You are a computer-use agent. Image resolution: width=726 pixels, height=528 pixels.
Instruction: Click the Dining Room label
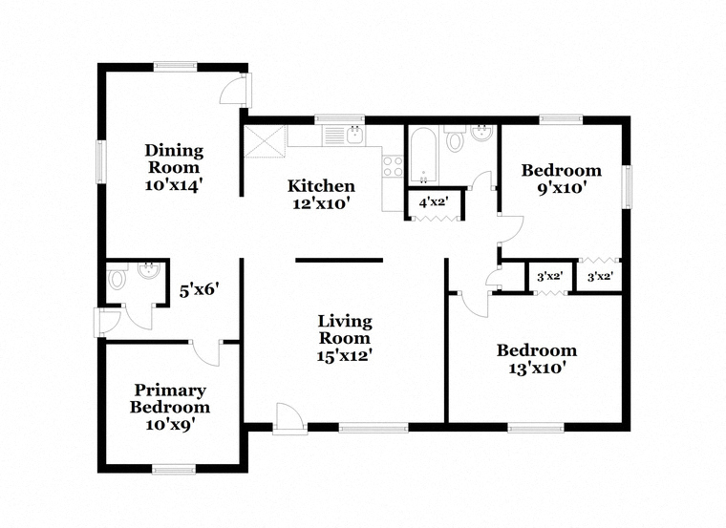[x=174, y=158]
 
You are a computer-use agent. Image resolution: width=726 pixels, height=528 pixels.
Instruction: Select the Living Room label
[x=345, y=329]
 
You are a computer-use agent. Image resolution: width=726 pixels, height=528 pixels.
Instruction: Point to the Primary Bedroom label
[x=170, y=399]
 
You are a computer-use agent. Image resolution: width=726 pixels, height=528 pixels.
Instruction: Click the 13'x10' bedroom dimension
[x=537, y=369]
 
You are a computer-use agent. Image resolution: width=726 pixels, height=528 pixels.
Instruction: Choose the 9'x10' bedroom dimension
[x=562, y=188]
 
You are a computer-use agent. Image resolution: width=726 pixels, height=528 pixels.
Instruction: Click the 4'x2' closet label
[x=434, y=202]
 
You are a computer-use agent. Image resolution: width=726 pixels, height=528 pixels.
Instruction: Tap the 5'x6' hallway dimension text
[x=199, y=290]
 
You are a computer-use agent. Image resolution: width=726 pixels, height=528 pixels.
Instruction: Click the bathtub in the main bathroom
[x=423, y=155]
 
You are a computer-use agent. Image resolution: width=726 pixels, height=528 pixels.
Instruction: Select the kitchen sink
[x=355, y=135]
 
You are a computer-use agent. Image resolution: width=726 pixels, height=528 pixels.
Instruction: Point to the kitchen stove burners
[x=394, y=166]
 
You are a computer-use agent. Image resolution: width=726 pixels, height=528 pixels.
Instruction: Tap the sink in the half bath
[x=149, y=271]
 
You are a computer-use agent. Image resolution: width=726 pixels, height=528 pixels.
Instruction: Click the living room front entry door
[x=289, y=419]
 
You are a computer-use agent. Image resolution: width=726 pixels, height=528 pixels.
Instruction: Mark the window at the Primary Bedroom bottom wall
[x=174, y=469]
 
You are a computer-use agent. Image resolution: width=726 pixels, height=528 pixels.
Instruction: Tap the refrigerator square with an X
[x=265, y=141]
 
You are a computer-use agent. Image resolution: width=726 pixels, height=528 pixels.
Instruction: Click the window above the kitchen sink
[x=339, y=120]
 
